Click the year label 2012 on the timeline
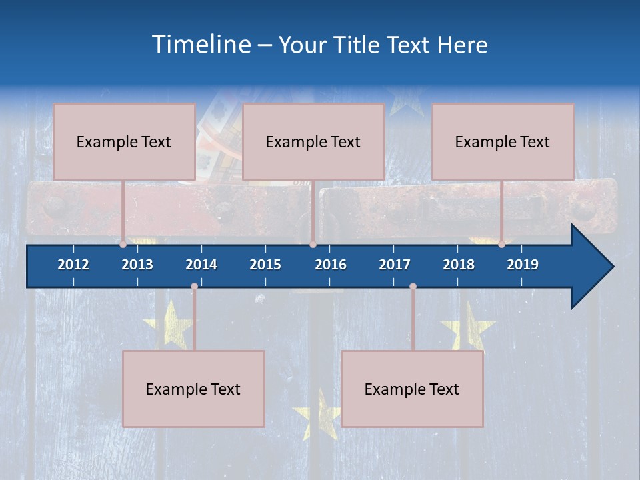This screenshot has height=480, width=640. (73, 265)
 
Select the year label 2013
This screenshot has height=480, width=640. (137, 265)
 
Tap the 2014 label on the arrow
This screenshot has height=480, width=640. (201, 265)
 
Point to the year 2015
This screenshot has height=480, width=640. (265, 265)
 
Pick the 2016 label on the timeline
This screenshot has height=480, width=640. (331, 265)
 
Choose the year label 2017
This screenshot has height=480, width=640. (395, 265)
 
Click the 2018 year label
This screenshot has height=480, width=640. (459, 265)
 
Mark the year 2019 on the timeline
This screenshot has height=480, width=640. (523, 265)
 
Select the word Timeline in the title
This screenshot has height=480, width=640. (201, 45)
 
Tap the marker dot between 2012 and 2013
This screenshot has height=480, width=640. (123, 245)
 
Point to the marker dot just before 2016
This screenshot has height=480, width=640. (313, 245)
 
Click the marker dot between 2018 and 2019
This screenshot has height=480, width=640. (501, 245)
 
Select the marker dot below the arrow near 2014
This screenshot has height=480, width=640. (194, 287)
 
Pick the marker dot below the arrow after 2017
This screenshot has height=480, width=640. (413, 287)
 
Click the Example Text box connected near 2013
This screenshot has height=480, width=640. (124, 141)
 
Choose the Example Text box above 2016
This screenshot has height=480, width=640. (313, 141)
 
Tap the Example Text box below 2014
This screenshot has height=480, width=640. (193, 389)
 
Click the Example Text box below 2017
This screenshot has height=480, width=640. (412, 389)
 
